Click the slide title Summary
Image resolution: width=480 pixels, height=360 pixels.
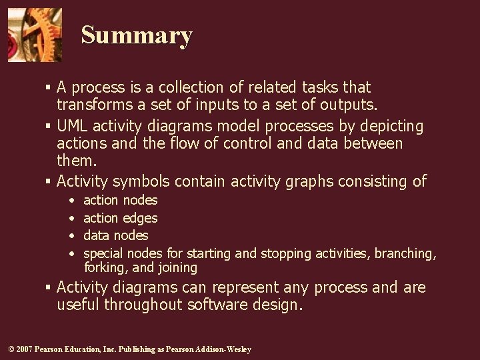(x=137, y=35)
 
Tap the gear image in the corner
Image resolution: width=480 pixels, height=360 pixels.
(x=35, y=35)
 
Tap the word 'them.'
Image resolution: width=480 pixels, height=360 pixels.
(x=77, y=161)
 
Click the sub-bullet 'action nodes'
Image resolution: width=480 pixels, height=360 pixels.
(x=120, y=200)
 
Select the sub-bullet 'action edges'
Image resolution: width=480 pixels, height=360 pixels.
(x=120, y=218)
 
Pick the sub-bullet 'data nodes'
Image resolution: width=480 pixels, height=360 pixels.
(x=115, y=235)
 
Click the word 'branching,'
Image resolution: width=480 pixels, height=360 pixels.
(x=405, y=253)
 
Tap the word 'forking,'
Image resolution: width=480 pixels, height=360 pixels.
(x=107, y=268)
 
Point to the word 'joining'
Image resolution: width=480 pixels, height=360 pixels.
(x=177, y=268)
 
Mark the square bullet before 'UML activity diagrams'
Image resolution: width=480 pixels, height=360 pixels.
(x=49, y=127)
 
